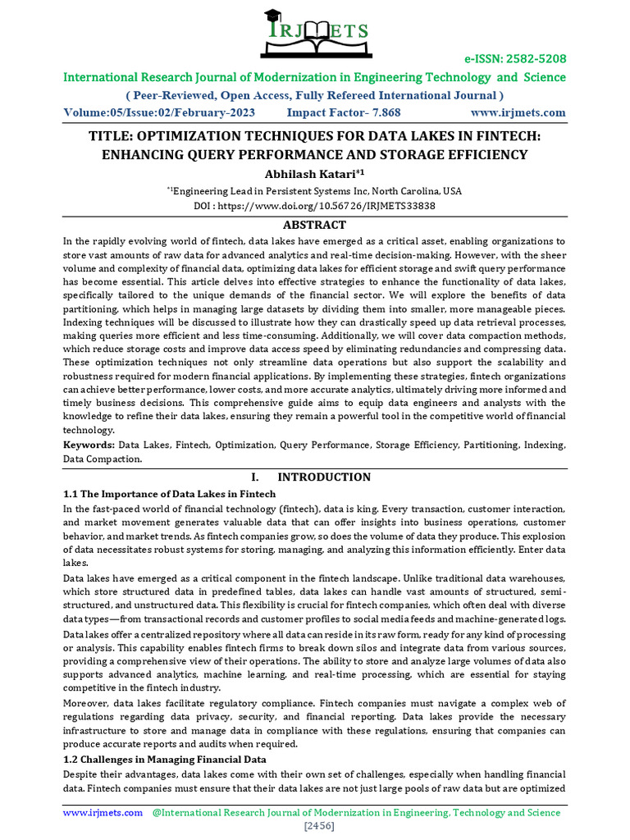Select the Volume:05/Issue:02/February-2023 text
(159, 112)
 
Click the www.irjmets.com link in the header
(518, 112)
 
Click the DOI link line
(314, 205)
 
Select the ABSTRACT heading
(314, 225)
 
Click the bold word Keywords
(89, 445)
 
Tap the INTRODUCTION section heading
(323, 477)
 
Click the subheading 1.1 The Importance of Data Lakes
(170, 494)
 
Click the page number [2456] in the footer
(315, 826)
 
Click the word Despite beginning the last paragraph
(82, 774)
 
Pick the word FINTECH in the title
(488, 136)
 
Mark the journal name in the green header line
(315, 78)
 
